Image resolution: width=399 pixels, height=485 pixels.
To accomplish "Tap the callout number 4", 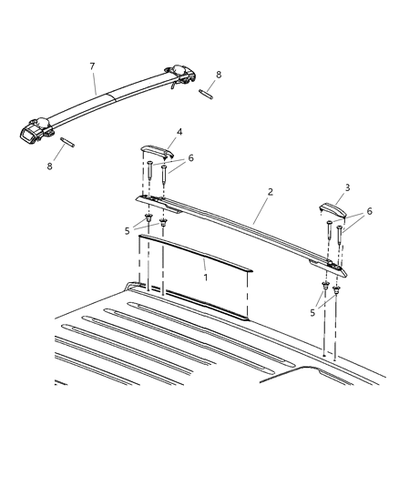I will coord(179,131).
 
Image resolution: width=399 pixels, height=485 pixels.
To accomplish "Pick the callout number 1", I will coord(205,275).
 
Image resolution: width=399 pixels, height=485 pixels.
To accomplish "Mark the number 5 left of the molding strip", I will coord(128,230).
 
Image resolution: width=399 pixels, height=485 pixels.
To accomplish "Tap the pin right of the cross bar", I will coord(207,93).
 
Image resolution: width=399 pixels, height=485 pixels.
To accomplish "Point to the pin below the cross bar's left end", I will coord(67,141).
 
